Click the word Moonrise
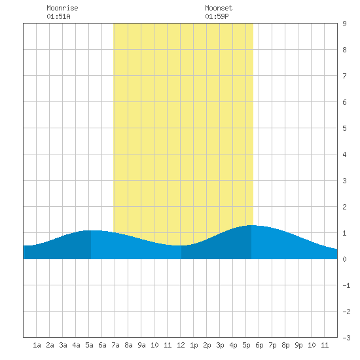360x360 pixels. (62, 8)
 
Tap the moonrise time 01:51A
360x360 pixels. (58, 16)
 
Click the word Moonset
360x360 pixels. (219, 8)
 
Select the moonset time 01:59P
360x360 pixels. (217, 16)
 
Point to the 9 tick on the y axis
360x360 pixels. (344, 24)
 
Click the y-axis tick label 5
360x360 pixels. (344, 128)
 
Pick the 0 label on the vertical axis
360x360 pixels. (344, 259)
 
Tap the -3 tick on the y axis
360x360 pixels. (346, 338)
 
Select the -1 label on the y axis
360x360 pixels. (346, 285)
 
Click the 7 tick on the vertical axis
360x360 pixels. (344, 76)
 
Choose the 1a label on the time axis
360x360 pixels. (37, 345)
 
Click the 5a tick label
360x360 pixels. (89, 345)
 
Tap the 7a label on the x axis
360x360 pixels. (115, 345)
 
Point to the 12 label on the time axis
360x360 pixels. (181, 345)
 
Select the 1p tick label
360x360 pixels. (194, 345)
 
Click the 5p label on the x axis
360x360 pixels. (246, 345)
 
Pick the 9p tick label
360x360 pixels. (298, 345)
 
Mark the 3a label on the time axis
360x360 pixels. (63, 345)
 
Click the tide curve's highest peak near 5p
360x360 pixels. (251, 225)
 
